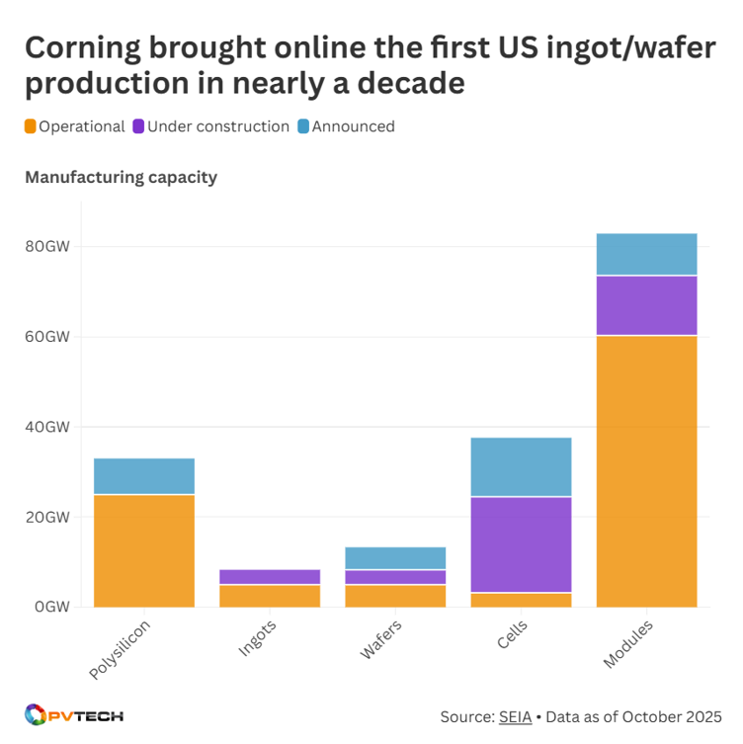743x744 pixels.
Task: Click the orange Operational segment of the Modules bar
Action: click(x=646, y=471)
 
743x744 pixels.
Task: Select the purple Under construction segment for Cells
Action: click(x=521, y=544)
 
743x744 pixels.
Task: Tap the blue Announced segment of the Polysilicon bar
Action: click(x=143, y=476)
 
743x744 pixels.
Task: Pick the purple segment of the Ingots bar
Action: click(x=270, y=577)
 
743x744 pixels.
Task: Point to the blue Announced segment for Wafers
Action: click(x=395, y=558)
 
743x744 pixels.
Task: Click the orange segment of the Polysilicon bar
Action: click(x=143, y=550)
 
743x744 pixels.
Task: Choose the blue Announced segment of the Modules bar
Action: click(x=646, y=254)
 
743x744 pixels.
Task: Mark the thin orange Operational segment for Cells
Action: click(x=521, y=600)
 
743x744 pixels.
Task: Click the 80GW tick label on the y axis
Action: click(x=47, y=246)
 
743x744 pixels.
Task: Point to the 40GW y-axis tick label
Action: click(x=47, y=427)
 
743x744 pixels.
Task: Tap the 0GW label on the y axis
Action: click(x=50, y=607)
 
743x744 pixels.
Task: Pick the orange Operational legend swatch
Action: click(x=31, y=126)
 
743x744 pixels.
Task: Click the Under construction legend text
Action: click(x=217, y=126)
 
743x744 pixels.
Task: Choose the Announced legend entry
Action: click(x=353, y=126)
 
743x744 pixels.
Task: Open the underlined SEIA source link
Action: click(x=514, y=715)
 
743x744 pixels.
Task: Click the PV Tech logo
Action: click(x=73, y=714)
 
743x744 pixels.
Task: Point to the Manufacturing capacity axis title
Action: click(x=121, y=178)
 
